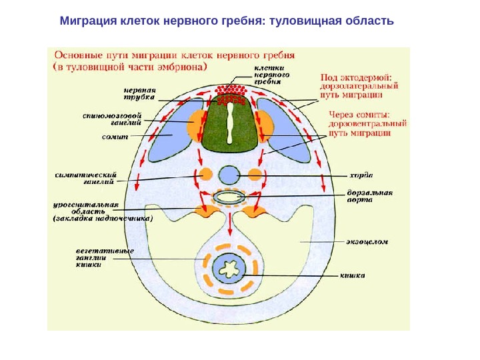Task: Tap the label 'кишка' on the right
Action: (x=353, y=273)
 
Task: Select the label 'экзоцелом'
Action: (x=366, y=241)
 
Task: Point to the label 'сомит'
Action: (x=110, y=136)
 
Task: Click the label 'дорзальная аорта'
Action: (x=369, y=196)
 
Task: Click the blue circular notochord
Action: (x=230, y=175)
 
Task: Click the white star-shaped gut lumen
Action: (x=229, y=271)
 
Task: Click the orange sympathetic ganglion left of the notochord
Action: (x=205, y=175)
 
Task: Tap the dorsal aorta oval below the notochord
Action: (x=230, y=197)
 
